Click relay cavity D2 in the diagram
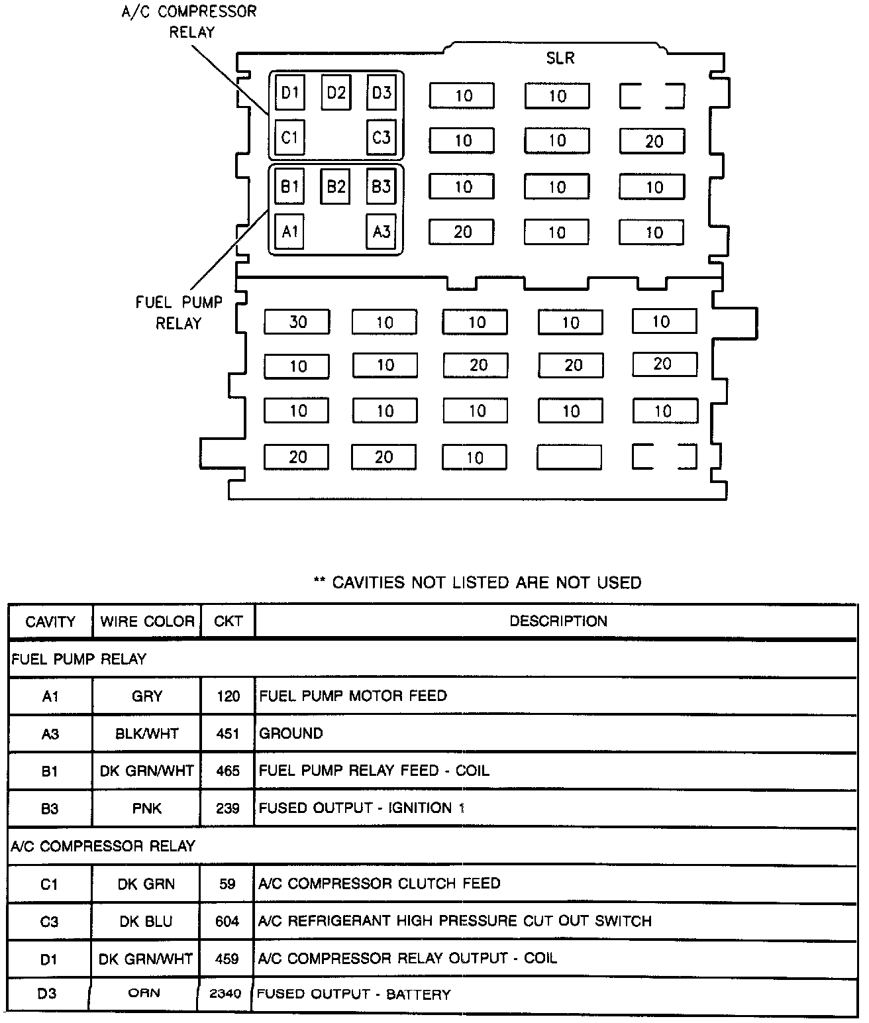click(336, 92)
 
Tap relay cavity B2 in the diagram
click(336, 186)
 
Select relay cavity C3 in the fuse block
click(382, 138)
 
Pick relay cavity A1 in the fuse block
click(289, 232)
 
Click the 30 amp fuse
click(297, 322)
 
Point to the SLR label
click(560, 58)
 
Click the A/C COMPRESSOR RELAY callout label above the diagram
click(189, 22)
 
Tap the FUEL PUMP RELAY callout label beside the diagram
click(179, 313)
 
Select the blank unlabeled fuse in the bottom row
click(569, 457)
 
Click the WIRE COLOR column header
click(147, 621)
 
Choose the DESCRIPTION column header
click(558, 621)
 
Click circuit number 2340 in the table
click(225, 994)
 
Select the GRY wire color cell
click(147, 696)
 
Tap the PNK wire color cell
click(147, 808)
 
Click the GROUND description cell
click(291, 733)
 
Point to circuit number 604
click(227, 921)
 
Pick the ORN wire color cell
click(144, 993)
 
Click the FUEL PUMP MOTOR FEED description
click(353, 696)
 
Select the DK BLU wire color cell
click(146, 921)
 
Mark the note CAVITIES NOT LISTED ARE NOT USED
click(478, 582)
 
